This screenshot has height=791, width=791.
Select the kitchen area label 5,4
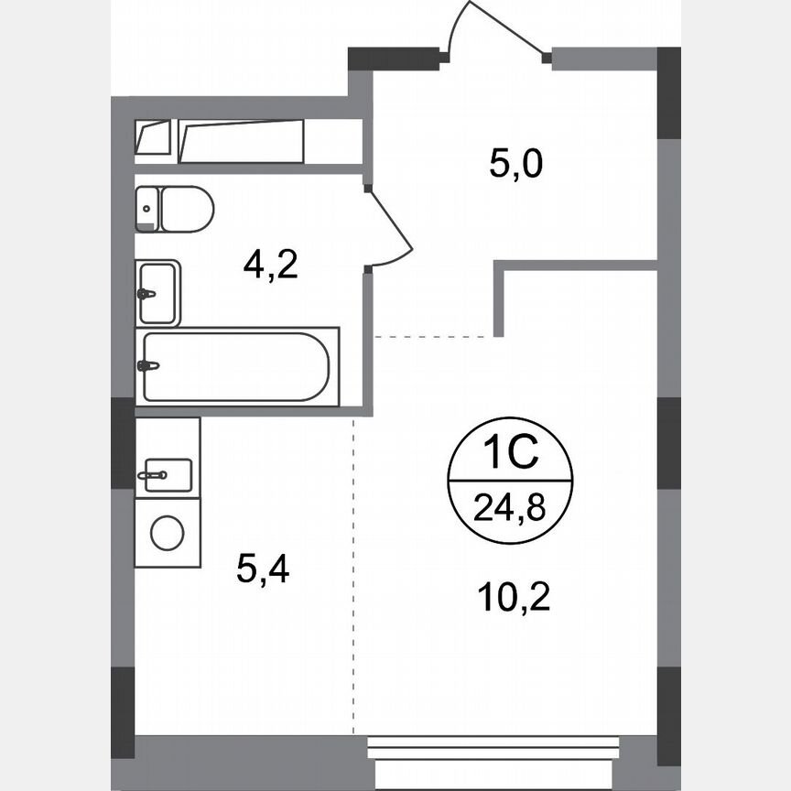pos(264,570)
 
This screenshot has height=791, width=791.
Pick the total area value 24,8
pos(510,504)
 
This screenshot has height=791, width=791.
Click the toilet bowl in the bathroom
pos(188,209)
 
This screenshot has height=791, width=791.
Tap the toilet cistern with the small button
pos(147,209)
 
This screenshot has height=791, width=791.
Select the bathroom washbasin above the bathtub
pos(158,293)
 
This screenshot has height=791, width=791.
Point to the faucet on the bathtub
pos(148,366)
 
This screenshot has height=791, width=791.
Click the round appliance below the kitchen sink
pos(168,533)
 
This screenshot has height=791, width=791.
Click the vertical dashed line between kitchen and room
pos(354,577)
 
